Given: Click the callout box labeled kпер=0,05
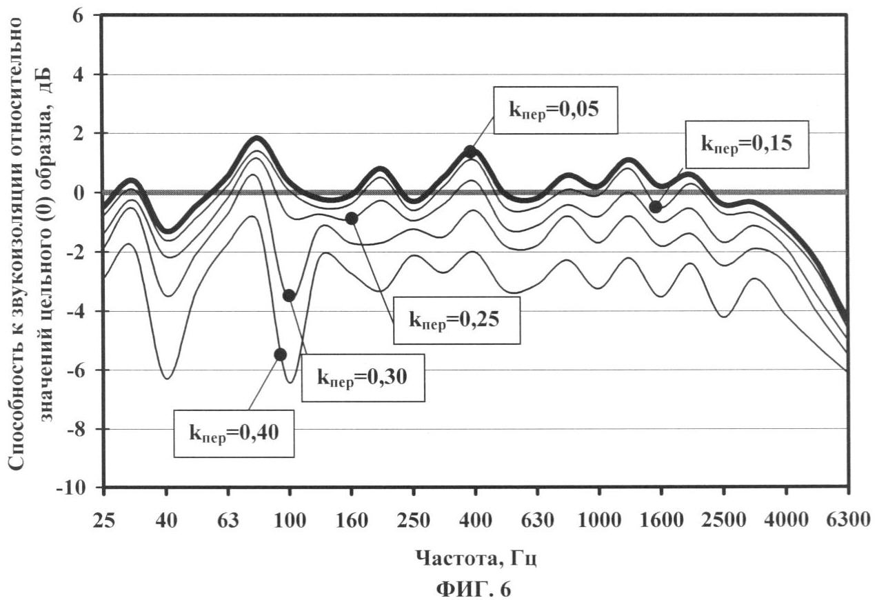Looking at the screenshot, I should coord(556,110).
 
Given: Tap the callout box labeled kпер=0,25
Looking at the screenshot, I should coord(456,319).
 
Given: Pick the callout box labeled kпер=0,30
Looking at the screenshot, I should coord(363,377).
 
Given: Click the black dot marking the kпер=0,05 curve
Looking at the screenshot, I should coord(470,152).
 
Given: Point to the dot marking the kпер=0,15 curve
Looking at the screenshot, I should coord(656,207).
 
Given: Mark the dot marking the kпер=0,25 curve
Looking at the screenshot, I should coord(352,219).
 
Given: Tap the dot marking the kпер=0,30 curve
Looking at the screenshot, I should coord(289,295).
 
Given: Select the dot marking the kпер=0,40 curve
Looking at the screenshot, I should coord(280,354).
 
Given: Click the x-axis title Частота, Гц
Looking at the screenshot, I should coord(476,557).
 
